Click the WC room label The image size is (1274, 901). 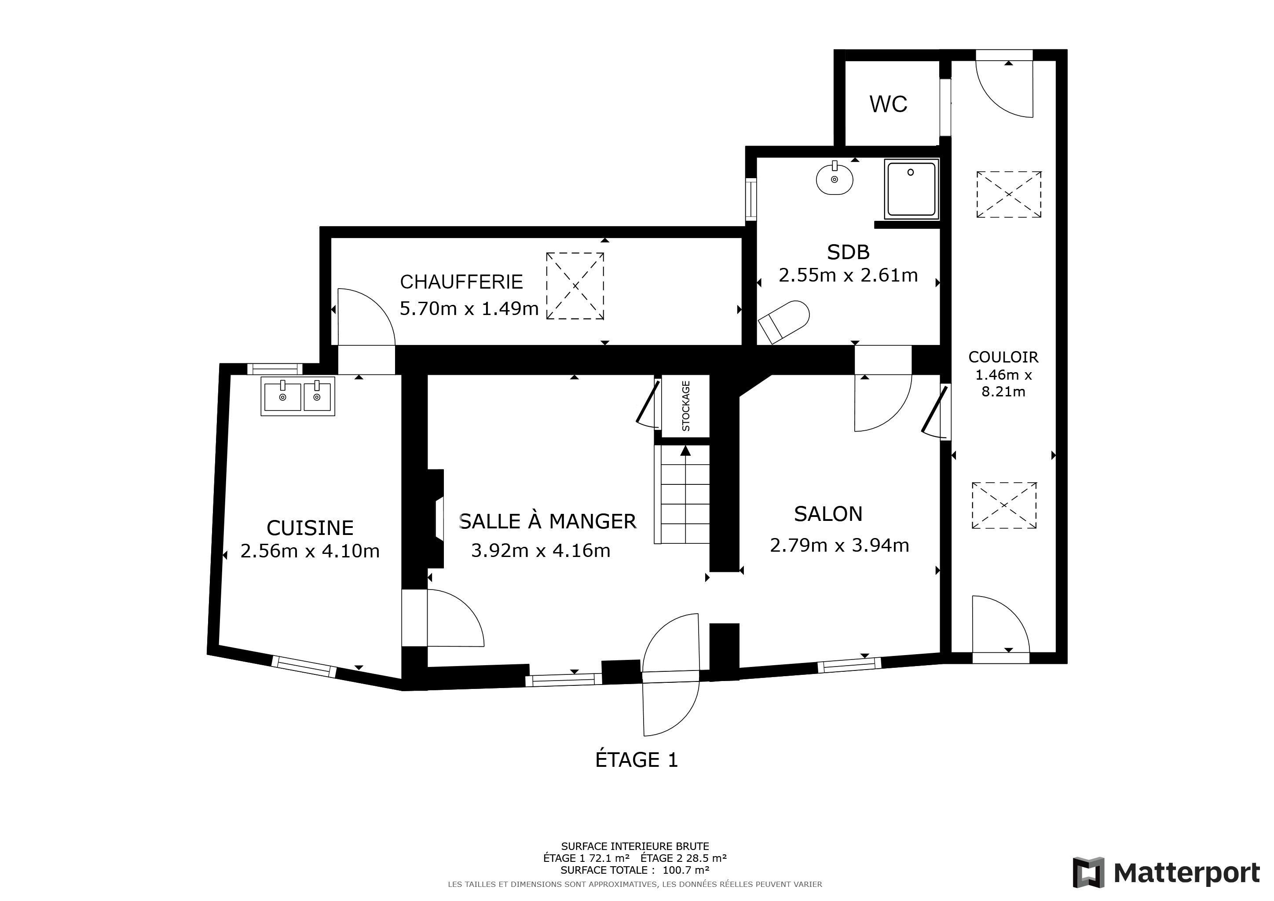point(888,104)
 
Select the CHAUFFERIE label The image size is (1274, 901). point(461,282)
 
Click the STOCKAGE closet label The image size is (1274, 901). point(686,406)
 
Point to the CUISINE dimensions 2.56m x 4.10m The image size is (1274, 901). point(310,551)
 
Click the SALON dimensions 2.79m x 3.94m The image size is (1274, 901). point(839,546)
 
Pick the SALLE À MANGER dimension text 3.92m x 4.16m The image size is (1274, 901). point(541,550)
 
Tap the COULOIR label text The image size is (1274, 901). point(1003,357)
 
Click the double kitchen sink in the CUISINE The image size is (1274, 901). point(298,396)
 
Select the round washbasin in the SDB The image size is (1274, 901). point(835,179)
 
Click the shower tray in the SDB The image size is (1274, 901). point(911,189)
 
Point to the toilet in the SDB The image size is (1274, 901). point(783,322)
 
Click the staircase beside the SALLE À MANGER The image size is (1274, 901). point(682,494)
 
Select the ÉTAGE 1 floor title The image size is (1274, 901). point(637,759)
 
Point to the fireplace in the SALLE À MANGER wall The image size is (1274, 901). point(436,519)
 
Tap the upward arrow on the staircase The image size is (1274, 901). point(685,450)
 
